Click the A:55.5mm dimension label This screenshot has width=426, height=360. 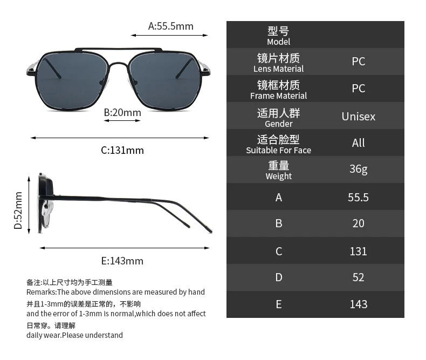170,26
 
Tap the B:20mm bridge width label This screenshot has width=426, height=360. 122,112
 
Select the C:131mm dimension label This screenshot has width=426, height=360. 122,150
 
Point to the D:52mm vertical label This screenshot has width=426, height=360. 18,210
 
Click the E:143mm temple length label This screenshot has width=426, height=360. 122,261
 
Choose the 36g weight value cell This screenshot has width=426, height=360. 358,169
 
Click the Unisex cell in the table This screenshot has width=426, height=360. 358,116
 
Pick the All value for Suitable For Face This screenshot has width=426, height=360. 358,142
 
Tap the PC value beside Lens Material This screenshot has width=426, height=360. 358,62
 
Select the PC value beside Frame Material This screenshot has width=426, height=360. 358,89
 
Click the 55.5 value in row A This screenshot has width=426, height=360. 358,197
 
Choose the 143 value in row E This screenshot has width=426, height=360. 358,304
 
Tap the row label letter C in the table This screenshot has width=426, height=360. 278,251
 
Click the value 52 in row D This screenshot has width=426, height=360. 358,277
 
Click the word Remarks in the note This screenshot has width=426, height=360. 41,292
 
